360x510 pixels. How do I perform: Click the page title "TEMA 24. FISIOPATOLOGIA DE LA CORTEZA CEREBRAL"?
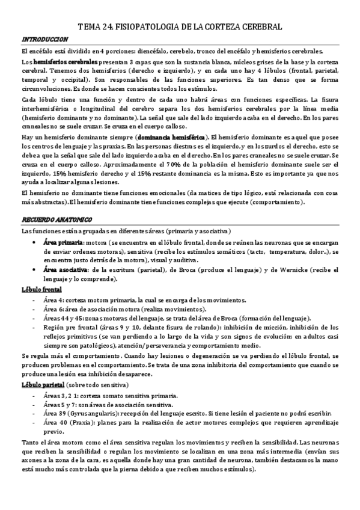coord(180,27)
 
